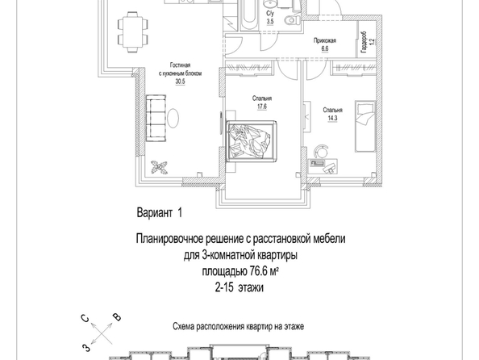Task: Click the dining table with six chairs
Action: tap(133, 32)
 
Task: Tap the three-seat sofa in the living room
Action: tap(156, 118)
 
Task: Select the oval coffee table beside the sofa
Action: tap(173, 118)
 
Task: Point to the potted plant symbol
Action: tap(159, 167)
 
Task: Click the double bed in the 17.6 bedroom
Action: tap(251, 141)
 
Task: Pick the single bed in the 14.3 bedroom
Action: tap(364, 126)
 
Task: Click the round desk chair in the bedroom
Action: tap(322, 151)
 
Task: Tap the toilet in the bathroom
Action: tap(290, 21)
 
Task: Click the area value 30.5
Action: tap(181, 82)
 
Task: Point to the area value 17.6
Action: tap(262, 107)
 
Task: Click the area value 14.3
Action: tap(333, 118)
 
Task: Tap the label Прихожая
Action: tap(325, 40)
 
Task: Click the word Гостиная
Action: tap(181, 65)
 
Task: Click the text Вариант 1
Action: tap(160, 212)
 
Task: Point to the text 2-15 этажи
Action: tap(240, 287)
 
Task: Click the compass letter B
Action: tap(117, 317)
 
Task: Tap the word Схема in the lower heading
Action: tap(184, 326)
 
